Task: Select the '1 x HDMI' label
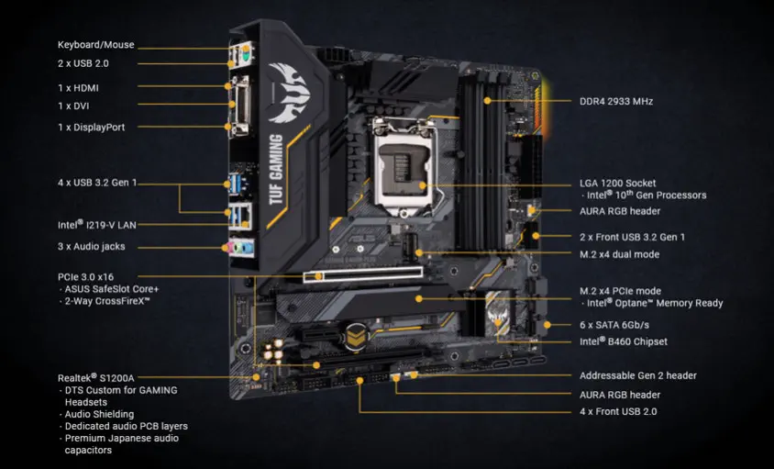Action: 78,88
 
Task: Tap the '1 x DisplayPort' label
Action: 92,127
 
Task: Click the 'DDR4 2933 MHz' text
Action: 615,101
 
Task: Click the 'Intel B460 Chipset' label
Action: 623,341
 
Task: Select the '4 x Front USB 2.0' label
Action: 619,411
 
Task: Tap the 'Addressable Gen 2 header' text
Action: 637,375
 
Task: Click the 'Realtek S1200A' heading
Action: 96,377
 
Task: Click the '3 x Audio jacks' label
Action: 91,246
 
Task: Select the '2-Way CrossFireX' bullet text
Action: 107,301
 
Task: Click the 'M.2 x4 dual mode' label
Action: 619,254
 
